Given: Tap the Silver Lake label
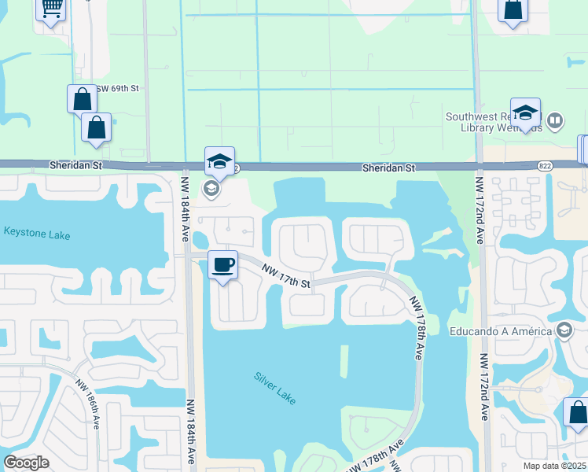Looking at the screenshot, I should pyautogui.click(x=275, y=388).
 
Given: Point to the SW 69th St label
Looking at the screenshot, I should pyautogui.click(x=118, y=90).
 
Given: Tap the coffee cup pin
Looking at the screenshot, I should pyautogui.click(x=224, y=265).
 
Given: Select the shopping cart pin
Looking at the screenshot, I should pyautogui.click(x=51, y=9).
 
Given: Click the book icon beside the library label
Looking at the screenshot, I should pyautogui.click(x=556, y=121).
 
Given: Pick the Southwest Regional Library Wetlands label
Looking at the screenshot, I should pyautogui.click(x=494, y=121).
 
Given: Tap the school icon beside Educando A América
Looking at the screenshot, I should pyautogui.click(x=563, y=330).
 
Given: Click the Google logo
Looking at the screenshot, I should pyautogui.click(x=26, y=463).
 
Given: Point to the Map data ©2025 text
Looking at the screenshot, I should pyautogui.click(x=553, y=466).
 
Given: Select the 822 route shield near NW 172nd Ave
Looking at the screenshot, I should pyautogui.click(x=545, y=166).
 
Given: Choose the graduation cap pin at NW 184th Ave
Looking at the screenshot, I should pyautogui.click(x=219, y=162).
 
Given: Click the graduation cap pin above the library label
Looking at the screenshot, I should pyautogui.click(x=525, y=112).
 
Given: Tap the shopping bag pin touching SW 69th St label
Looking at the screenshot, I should pyautogui.click(x=82, y=99).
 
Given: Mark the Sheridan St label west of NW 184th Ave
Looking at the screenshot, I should pyautogui.click(x=75, y=165).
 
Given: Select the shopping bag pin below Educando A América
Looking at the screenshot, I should pyautogui.click(x=577, y=413).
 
